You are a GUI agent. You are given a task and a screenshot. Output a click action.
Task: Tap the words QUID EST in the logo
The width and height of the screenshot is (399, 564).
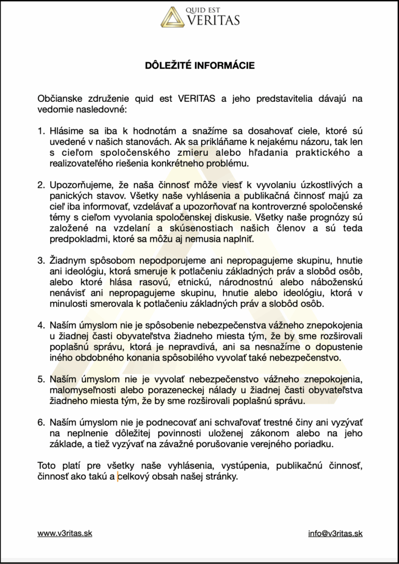click(210, 8)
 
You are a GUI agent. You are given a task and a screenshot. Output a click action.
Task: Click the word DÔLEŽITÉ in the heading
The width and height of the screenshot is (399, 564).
click(171, 65)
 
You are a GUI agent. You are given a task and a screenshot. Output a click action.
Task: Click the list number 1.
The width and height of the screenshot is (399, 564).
click(40, 132)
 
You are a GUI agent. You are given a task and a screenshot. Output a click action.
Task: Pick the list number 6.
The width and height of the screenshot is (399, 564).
click(40, 423)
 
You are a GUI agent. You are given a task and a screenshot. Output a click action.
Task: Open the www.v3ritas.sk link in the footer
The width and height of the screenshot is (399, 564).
click(64, 533)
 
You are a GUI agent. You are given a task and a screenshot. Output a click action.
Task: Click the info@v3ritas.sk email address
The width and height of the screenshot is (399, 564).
click(335, 533)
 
